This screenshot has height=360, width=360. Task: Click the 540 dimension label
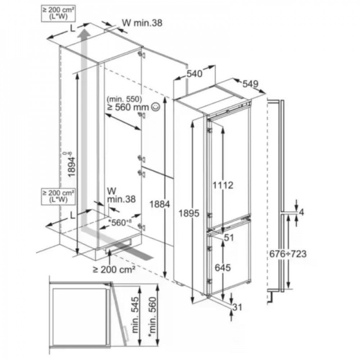coord(194,74)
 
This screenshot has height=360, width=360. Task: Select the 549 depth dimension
coord(251,84)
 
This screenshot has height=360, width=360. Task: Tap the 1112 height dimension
coord(222,185)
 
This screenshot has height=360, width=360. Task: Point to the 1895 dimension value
coord(189,213)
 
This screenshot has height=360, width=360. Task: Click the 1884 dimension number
coord(160,204)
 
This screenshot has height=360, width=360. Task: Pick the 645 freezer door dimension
coord(223,267)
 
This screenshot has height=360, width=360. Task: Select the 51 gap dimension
coord(229,238)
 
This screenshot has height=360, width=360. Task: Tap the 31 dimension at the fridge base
coord(237,307)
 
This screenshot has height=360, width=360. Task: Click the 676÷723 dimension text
coord(288,254)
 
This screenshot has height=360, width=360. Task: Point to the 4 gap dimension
coord(301,212)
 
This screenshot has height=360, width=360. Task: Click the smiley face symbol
coord(156,107)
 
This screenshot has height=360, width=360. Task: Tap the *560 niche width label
coord(120,222)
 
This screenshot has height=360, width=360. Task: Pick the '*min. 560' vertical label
coord(152,318)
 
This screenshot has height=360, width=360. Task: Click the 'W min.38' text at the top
coord(142,23)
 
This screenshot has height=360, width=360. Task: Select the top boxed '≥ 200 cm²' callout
coord(58,14)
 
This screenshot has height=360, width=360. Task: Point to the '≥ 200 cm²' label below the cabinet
coord(114,269)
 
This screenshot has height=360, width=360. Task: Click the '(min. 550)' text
coord(124,99)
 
